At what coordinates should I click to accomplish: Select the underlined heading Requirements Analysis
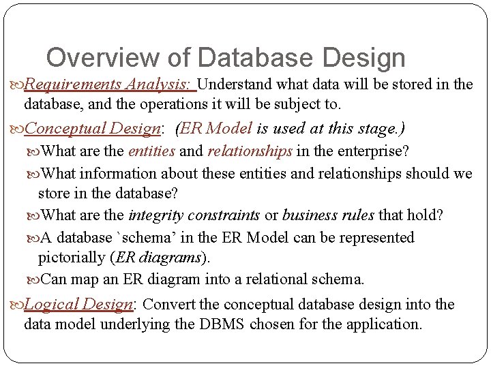(108, 85)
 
